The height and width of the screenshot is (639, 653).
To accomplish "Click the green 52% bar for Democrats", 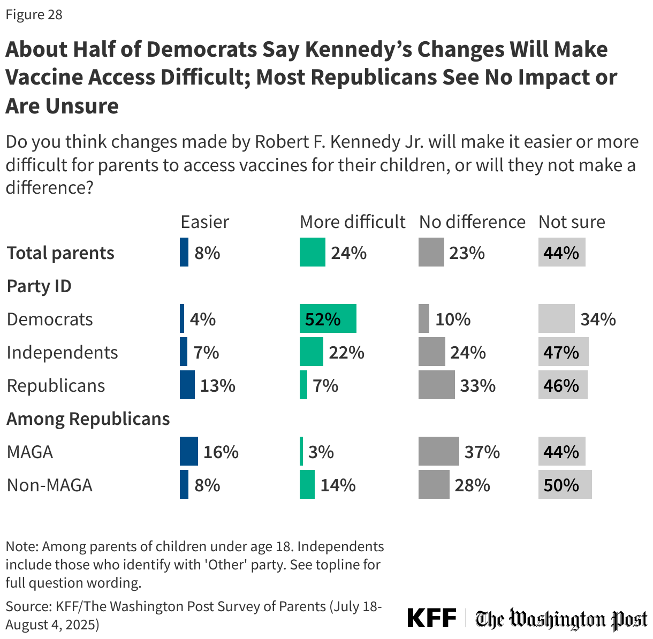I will (x=328, y=319).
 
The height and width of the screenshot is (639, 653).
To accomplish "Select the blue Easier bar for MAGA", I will (x=188, y=452).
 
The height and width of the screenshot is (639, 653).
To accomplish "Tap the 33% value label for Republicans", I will (x=477, y=385).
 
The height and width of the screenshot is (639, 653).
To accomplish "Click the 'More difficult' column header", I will (x=352, y=222).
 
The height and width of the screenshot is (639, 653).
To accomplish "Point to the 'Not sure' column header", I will (x=571, y=222).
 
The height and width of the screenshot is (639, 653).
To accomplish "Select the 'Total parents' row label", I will (x=60, y=253).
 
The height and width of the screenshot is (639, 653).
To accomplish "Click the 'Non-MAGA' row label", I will (x=50, y=485).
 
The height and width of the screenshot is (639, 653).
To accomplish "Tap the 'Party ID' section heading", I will (x=39, y=286).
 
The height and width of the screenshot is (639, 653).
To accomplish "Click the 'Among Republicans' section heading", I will (x=88, y=419).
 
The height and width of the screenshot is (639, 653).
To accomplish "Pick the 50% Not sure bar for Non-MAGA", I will (x=565, y=485).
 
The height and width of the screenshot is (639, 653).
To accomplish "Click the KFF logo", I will (x=431, y=618).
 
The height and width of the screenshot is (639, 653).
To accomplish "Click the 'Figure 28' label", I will (x=34, y=14).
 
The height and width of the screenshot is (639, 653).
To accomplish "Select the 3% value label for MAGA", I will (x=321, y=452).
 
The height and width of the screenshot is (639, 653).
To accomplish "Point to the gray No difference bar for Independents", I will (x=431, y=352).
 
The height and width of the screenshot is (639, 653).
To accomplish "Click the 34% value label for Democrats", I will (x=598, y=319).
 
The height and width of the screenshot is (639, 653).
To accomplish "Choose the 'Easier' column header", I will (x=204, y=222).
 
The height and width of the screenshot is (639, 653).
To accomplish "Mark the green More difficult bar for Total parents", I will (x=312, y=253).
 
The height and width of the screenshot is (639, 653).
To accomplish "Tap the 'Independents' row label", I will (x=63, y=352).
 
